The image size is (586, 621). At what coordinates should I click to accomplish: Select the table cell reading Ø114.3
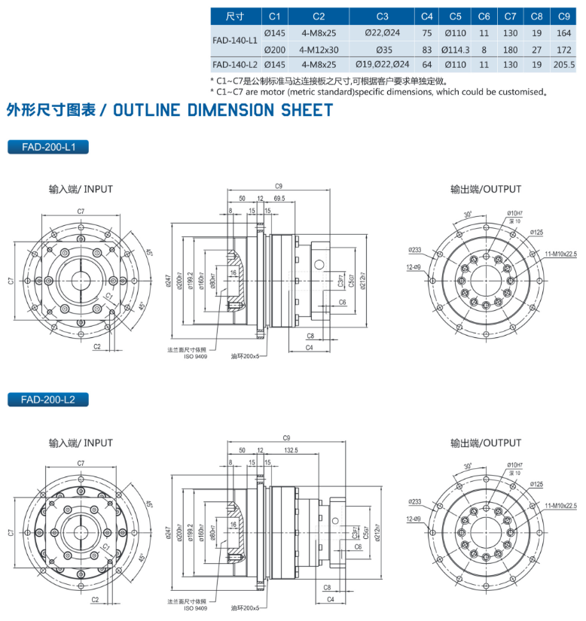pyautogui.click(x=455, y=50)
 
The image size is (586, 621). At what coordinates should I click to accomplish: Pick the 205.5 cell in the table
pyautogui.click(x=563, y=65)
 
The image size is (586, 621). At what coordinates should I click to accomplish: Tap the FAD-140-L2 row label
pyautogui.click(x=235, y=65)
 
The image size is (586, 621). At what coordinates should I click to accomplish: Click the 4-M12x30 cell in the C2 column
pyautogui.click(x=319, y=50)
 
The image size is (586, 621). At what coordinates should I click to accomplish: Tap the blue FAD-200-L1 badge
pyautogui.click(x=47, y=147)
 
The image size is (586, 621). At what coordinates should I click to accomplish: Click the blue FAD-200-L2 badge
pyautogui.click(x=47, y=399)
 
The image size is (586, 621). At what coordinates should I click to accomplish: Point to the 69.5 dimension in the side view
pyautogui.click(x=279, y=197)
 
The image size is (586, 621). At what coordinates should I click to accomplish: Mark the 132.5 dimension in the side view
pyautogui.click(x=291, y=450)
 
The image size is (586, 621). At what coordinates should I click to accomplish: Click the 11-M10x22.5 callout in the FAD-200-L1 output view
pyautogui.click(x=562, y=254)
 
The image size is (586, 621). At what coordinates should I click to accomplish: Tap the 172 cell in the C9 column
pyautogui.click(x=563, y=50)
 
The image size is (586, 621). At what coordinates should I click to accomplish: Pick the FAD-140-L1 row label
pyautogui.click(x=235, y=41)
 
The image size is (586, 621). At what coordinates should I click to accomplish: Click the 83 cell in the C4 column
pyautogui.click(x=427, y=50)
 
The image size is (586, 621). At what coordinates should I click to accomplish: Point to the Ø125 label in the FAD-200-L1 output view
pyautogui.click(x=536, y=232)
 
